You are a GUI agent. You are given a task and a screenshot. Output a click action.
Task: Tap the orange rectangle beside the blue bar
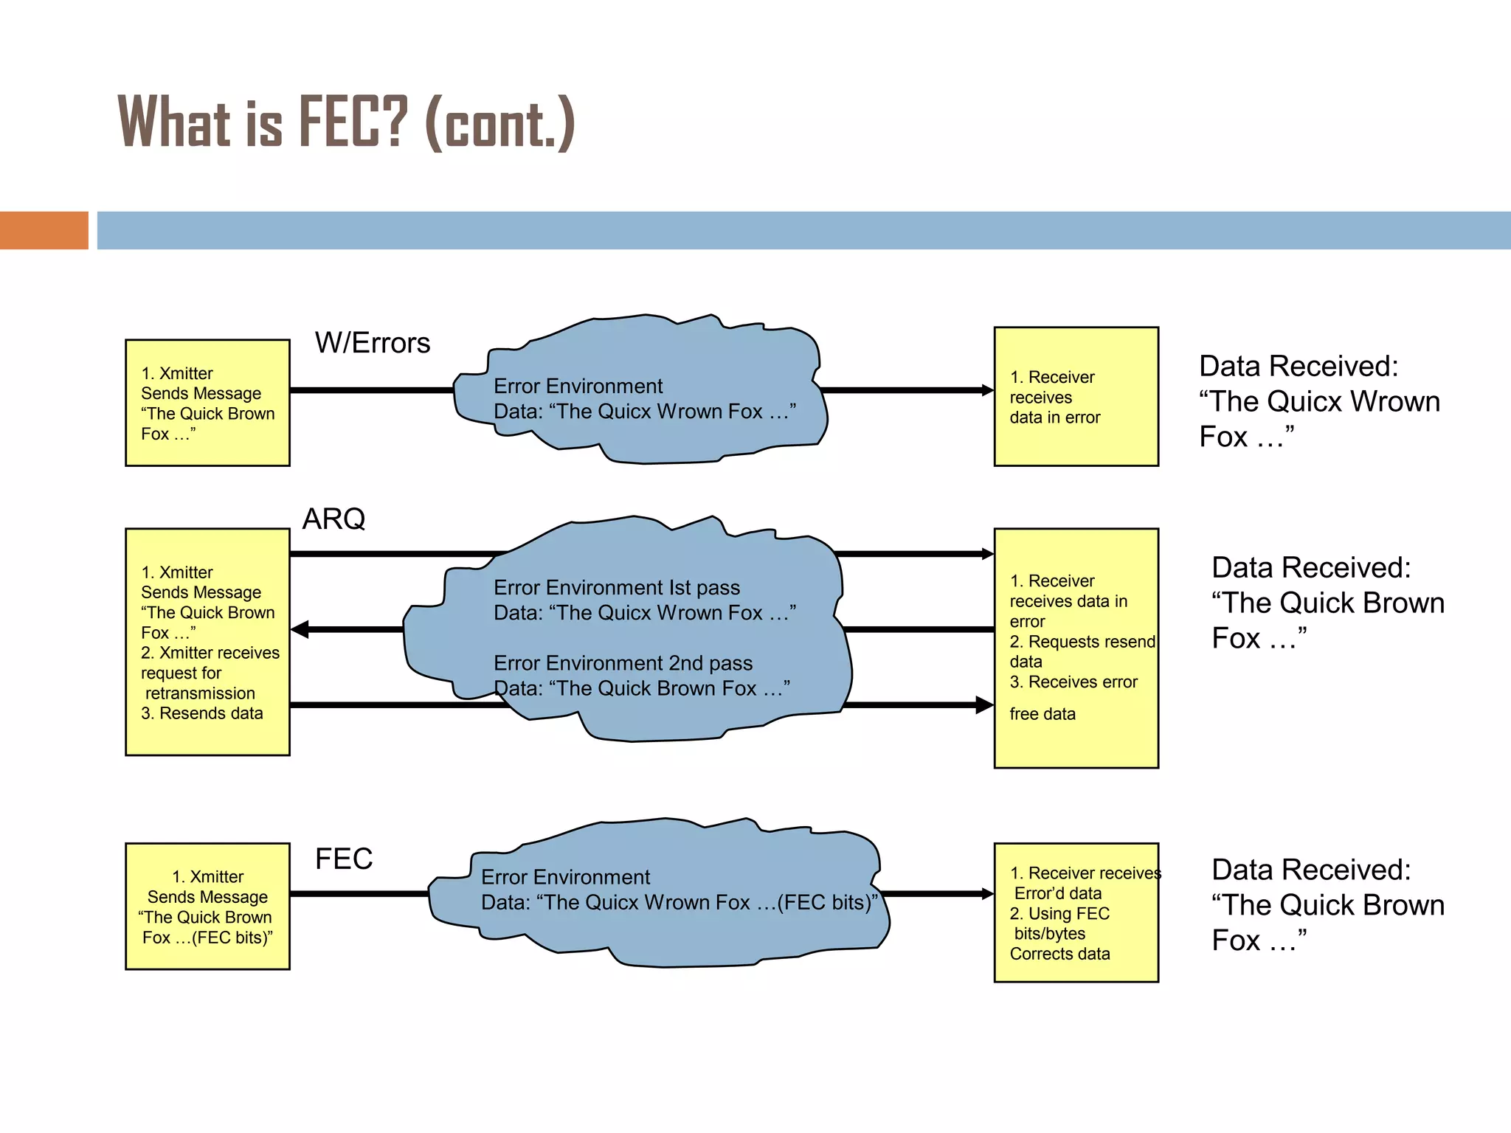pos(44,230)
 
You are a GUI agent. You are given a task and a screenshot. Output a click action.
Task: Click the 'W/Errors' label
pos(372,343)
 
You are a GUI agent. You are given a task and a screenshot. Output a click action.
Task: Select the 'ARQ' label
pos(333,519)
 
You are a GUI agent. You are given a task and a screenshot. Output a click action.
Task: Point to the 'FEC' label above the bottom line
pos(344,859)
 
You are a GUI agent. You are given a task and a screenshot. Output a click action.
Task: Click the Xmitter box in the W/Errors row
pos(207,403)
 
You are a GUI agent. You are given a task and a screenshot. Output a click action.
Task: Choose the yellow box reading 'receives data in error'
pos(1076,397)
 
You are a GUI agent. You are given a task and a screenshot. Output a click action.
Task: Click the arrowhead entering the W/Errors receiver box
pos(987,390)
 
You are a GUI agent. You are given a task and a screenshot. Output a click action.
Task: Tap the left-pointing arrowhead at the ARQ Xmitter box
pos(300,629)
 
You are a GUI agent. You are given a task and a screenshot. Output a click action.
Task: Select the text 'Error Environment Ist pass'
pos(616,588)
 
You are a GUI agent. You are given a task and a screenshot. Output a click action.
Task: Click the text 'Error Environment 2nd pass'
pos(623,663)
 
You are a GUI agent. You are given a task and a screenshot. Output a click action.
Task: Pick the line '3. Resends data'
pos(201,713)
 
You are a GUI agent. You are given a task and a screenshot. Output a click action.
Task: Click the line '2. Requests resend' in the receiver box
pos(1082,642)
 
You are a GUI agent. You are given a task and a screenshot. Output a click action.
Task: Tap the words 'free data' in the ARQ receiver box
pos(1042,714)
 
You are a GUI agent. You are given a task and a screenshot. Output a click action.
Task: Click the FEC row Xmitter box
pos(207,906)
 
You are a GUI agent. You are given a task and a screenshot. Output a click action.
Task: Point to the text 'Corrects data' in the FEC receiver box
pos(1059,954)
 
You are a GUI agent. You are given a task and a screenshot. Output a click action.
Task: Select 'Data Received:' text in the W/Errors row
pos(1299,367)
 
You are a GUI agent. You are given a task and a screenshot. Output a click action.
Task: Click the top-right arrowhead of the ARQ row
pos(987,554)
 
